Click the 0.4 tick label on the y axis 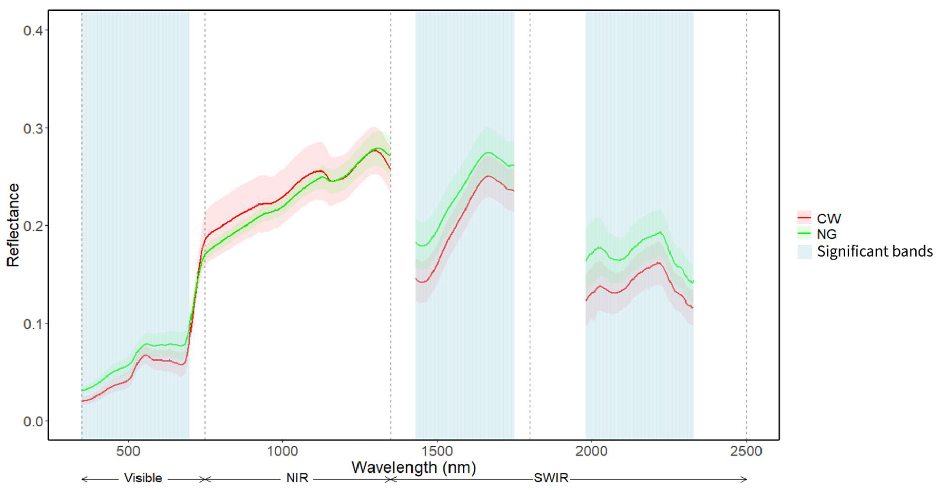coord(33,30)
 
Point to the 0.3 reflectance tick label coord(33,129)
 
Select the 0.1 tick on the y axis coord(33,324)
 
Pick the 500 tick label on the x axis coord(128,451)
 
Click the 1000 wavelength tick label coord(282,451)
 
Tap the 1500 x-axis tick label coord(437,451)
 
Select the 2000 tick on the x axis coord(591,451)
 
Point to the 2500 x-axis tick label coord(746,451)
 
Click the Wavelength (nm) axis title coord(414,468)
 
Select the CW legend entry coord(829,218)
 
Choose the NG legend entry coord(826,234)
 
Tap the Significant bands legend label coord(875,251)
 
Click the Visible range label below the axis coord(143,478)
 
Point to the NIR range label coord(297,478)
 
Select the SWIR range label coord(551,478)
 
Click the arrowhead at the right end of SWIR coord(745,479)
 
